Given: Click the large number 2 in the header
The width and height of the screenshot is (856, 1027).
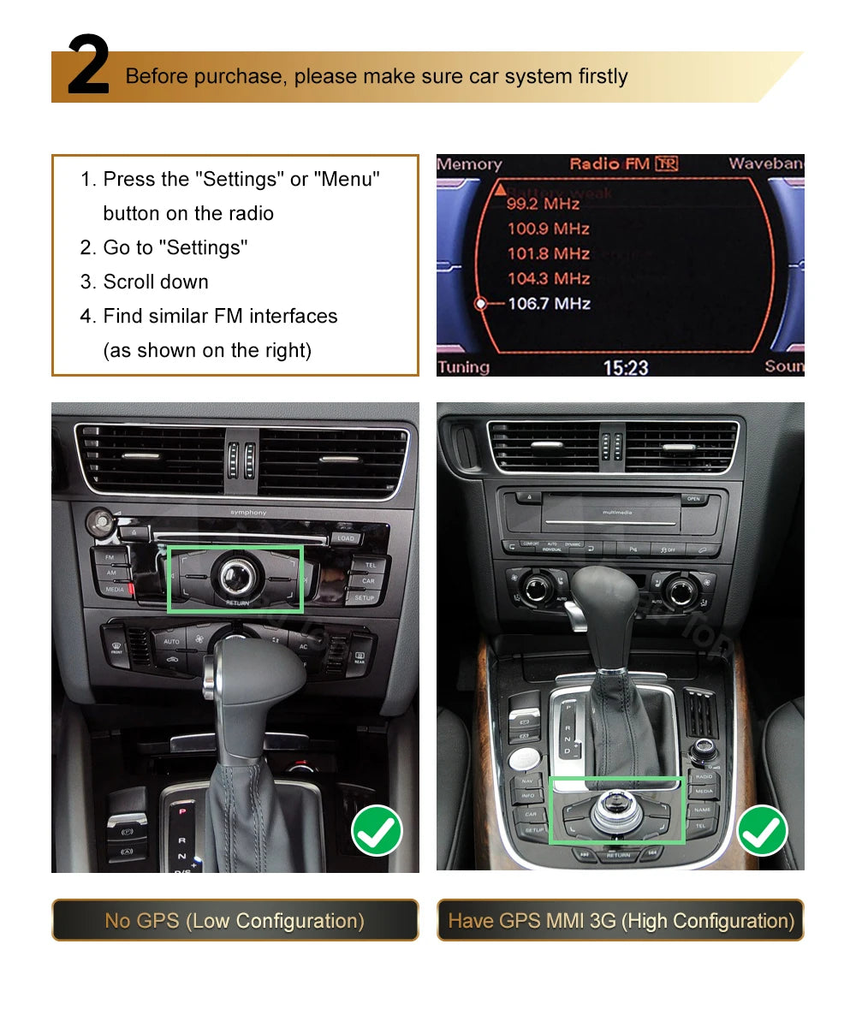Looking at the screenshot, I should [x=88, y=67].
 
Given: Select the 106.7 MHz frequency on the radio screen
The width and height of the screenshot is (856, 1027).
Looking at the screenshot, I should [x=549, y=303].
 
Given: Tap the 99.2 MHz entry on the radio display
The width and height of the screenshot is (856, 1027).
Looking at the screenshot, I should [x=544, y=204].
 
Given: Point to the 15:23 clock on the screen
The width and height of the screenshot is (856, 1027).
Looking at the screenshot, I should [x=626, y=367].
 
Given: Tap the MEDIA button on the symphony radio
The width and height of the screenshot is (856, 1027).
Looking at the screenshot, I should [x=114, y=590].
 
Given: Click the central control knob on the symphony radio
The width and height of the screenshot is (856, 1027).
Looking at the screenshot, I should [x=235, y=578].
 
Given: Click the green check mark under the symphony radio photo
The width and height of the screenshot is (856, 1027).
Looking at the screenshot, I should [x=377, y=831].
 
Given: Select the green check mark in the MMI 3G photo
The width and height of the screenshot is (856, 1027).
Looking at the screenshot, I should [x=762, y=831].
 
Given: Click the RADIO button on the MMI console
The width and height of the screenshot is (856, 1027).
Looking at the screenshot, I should [x=704, y=775].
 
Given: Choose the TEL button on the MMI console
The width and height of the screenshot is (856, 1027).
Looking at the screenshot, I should [x=701, y=826].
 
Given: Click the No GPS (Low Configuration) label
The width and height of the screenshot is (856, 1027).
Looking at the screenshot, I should [x=235, y=921].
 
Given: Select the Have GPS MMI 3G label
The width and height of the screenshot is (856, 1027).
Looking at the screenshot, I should [x=621, y=921].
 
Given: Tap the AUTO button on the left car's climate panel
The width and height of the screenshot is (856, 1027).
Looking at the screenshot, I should [x=171, y=640].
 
